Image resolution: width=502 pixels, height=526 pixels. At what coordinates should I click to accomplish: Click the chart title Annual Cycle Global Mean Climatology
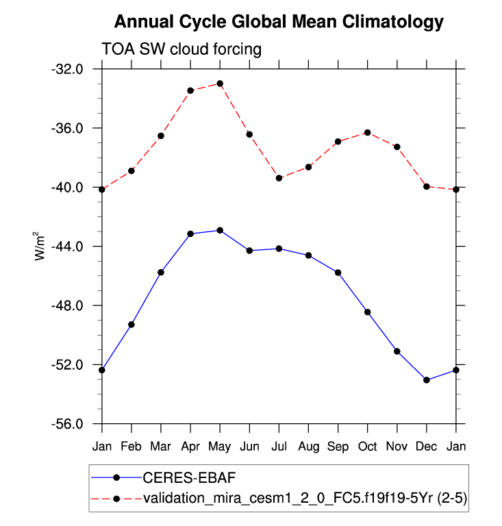(279, 22)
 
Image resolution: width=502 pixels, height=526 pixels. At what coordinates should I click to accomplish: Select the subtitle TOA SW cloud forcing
(181, 49)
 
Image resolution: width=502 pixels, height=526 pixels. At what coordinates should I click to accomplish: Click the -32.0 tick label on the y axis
(68, 69)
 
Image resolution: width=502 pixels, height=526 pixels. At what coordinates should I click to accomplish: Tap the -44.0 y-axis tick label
(68, 247)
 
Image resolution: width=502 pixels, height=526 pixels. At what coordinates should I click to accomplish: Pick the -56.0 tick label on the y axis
(68, 424)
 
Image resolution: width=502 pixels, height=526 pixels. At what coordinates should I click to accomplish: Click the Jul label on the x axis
(279, 447)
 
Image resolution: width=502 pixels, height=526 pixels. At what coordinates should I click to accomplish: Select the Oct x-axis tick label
(368, 447)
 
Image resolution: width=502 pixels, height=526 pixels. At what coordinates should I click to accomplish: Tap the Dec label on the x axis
(427, 447)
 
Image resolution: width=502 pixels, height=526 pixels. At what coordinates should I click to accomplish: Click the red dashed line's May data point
(220, 84)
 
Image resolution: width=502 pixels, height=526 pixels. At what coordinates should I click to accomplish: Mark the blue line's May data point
(220, 230)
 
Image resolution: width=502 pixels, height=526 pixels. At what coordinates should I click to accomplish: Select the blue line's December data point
(427, 379)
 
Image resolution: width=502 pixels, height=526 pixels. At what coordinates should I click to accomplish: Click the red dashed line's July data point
(279, 178)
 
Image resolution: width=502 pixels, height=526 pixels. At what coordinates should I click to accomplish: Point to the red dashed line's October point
(368, 132)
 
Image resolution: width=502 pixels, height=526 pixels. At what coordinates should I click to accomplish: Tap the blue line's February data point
(131, 325)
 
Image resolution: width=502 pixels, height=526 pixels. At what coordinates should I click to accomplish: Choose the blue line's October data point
(368, 312)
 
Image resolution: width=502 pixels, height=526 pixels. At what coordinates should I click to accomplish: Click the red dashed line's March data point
(161, 136)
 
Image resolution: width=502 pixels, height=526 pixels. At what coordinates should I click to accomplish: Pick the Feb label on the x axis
(131, 447)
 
